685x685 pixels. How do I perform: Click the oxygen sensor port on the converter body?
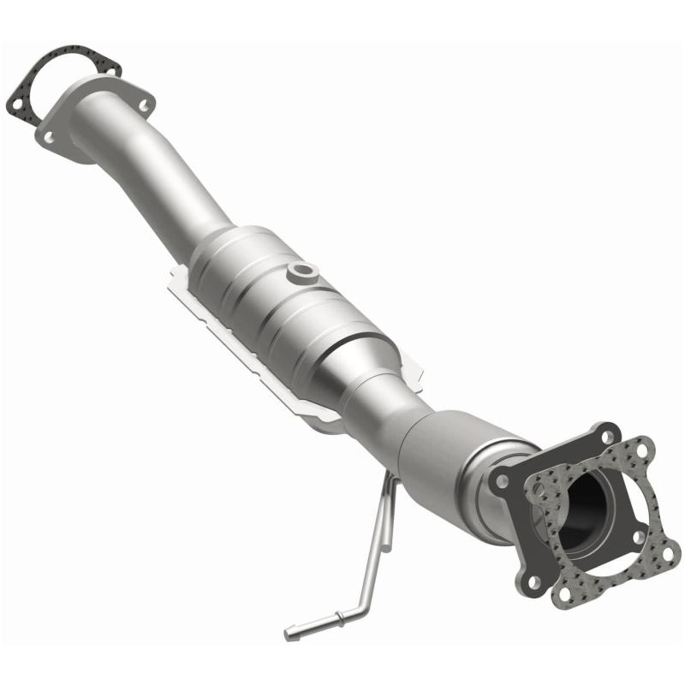click(302, 272)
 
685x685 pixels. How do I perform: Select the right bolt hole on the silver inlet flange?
click(143, 105)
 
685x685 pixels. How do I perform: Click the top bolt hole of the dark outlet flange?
click(607, 432)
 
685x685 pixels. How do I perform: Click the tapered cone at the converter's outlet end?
click(377, 377)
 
